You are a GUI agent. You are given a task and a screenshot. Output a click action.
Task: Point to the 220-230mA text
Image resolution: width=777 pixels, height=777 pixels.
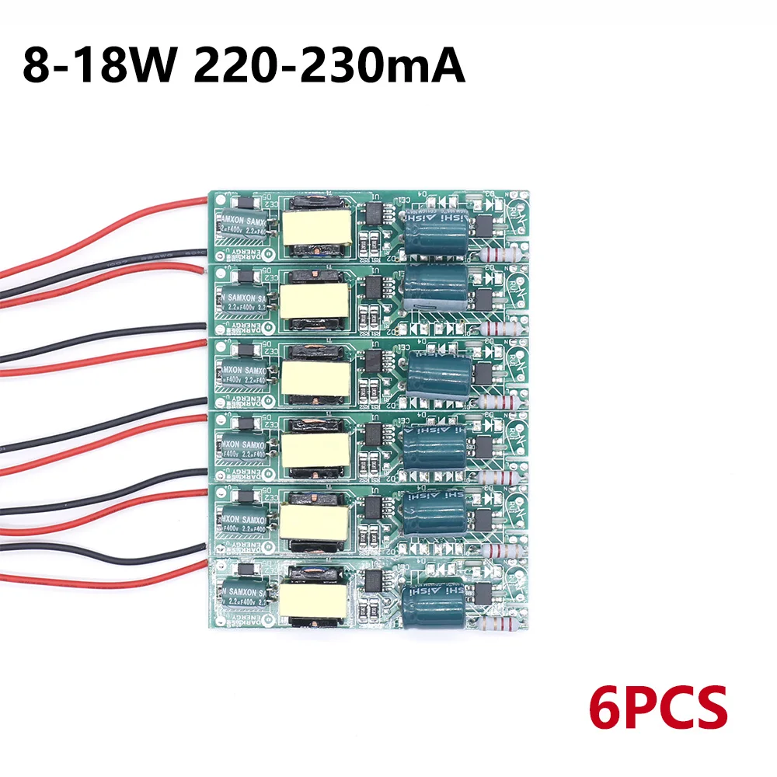328,65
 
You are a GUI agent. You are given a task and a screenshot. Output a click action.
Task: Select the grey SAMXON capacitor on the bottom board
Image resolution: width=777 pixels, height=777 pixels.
244,601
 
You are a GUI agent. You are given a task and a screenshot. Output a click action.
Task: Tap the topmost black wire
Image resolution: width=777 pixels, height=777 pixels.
101,260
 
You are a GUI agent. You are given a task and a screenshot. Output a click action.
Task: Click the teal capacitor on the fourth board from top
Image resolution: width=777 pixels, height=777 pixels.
432,451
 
